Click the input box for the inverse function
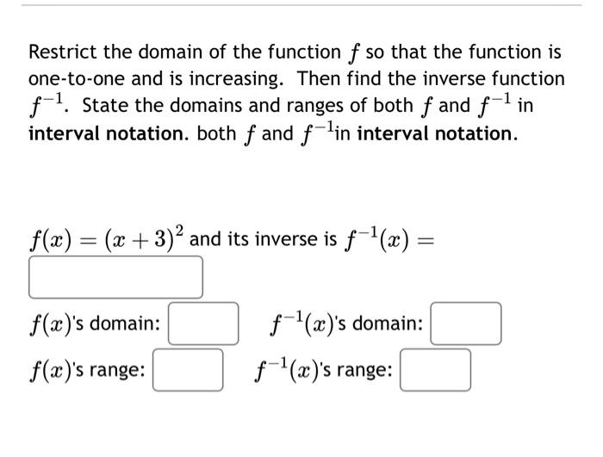coord(116,277)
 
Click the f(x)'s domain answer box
coord(203,324)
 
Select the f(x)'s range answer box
coord(188,370)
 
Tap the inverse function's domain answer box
coord(465,324)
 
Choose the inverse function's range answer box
coord(435,370)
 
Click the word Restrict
coord(62,52)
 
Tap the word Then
coord(319,79)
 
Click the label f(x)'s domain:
coord(95,324)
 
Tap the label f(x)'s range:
coord(87,371)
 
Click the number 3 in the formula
coord(161,240)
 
